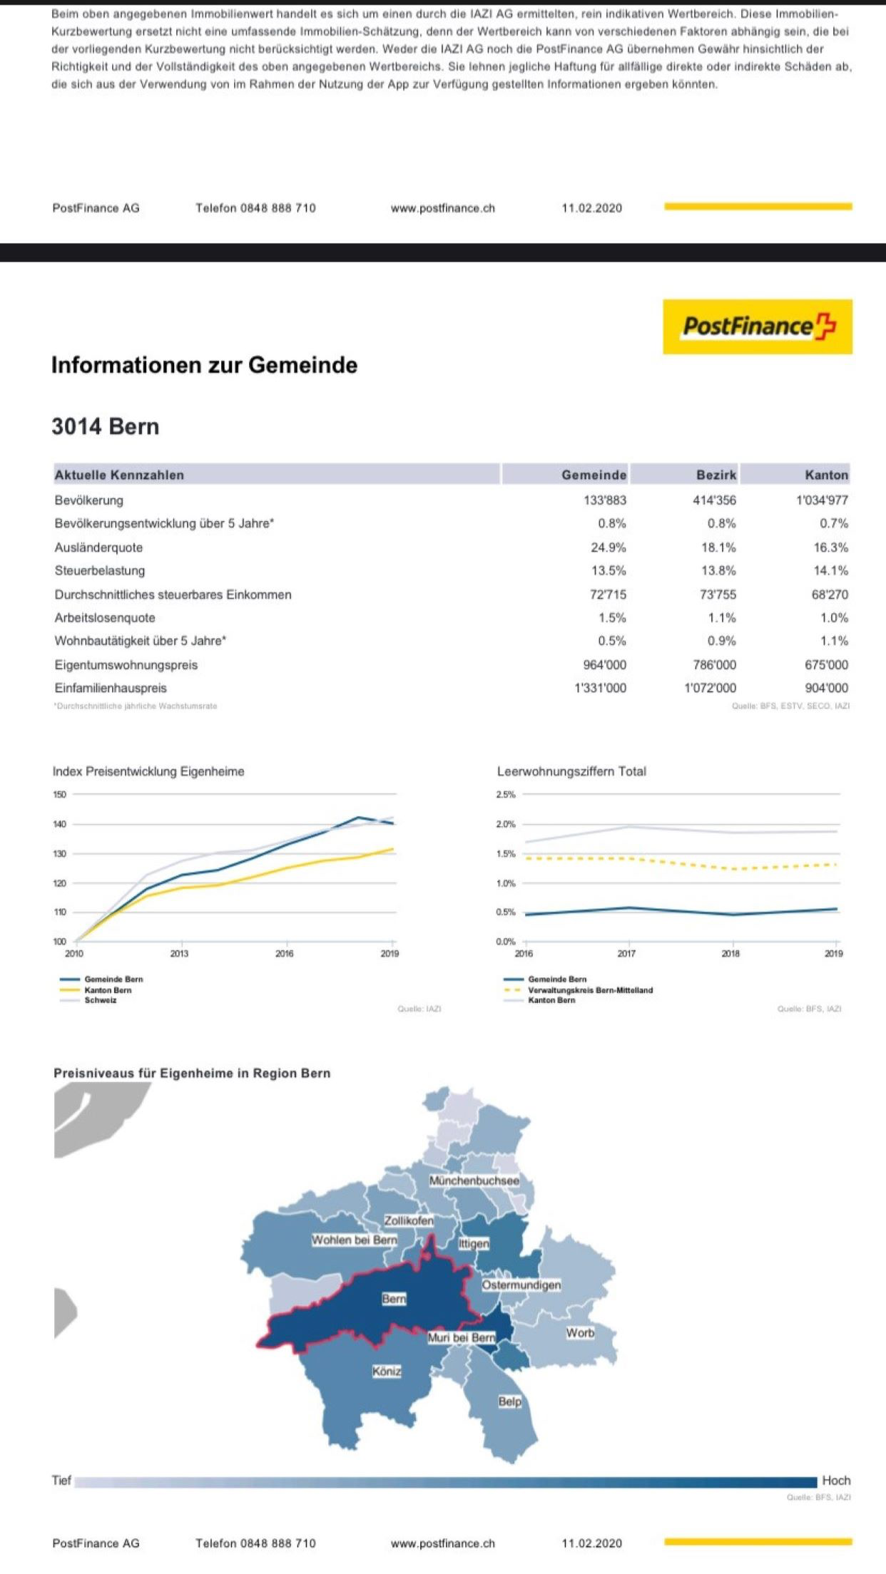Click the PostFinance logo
point(758,326)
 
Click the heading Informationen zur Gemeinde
point(204,365)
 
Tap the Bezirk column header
point(716,475)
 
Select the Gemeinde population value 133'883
point(605,500)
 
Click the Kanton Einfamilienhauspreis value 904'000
point(827,688)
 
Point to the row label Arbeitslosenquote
point(105,618)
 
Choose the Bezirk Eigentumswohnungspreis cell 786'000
point(714,664)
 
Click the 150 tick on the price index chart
point(60,794)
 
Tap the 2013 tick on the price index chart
point(179,953)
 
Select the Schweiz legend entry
point(100,1000)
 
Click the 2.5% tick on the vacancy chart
point(506,794)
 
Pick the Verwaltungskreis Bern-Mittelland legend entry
point(590,990)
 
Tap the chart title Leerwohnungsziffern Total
point(571,771)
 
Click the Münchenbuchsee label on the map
point(474,1180)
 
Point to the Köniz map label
point(387,1371)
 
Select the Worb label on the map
point(580,1332)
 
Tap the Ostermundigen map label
point(521,1285)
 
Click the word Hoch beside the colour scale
point(836,1481)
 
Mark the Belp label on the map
point(510,1401)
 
